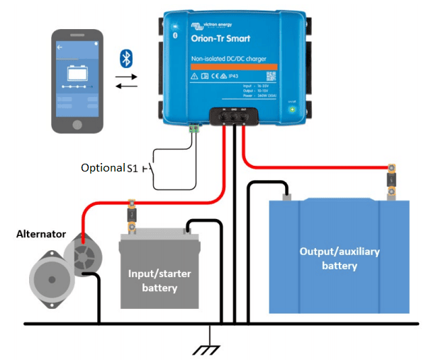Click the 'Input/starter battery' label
(x=159, y=281)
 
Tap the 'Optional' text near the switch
(x=102, y=168)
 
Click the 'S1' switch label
(x=132, y=168)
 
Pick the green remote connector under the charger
(x=192, y=129)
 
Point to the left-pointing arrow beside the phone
(x=125, y=86)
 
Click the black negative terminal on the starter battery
(x=187, y=228)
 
